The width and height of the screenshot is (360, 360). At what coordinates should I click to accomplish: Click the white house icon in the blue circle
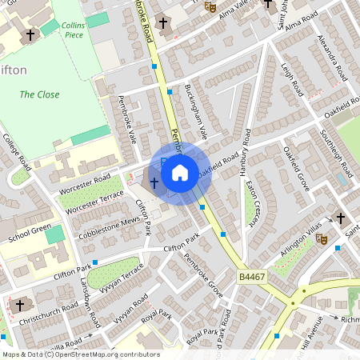(180, 172)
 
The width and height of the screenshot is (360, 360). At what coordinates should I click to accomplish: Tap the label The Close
(39, 94)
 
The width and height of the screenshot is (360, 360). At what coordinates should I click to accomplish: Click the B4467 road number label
(252, 277)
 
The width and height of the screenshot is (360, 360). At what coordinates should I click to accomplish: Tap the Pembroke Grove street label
(203, 273)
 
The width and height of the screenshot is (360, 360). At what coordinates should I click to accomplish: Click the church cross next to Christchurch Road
(20, 306)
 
